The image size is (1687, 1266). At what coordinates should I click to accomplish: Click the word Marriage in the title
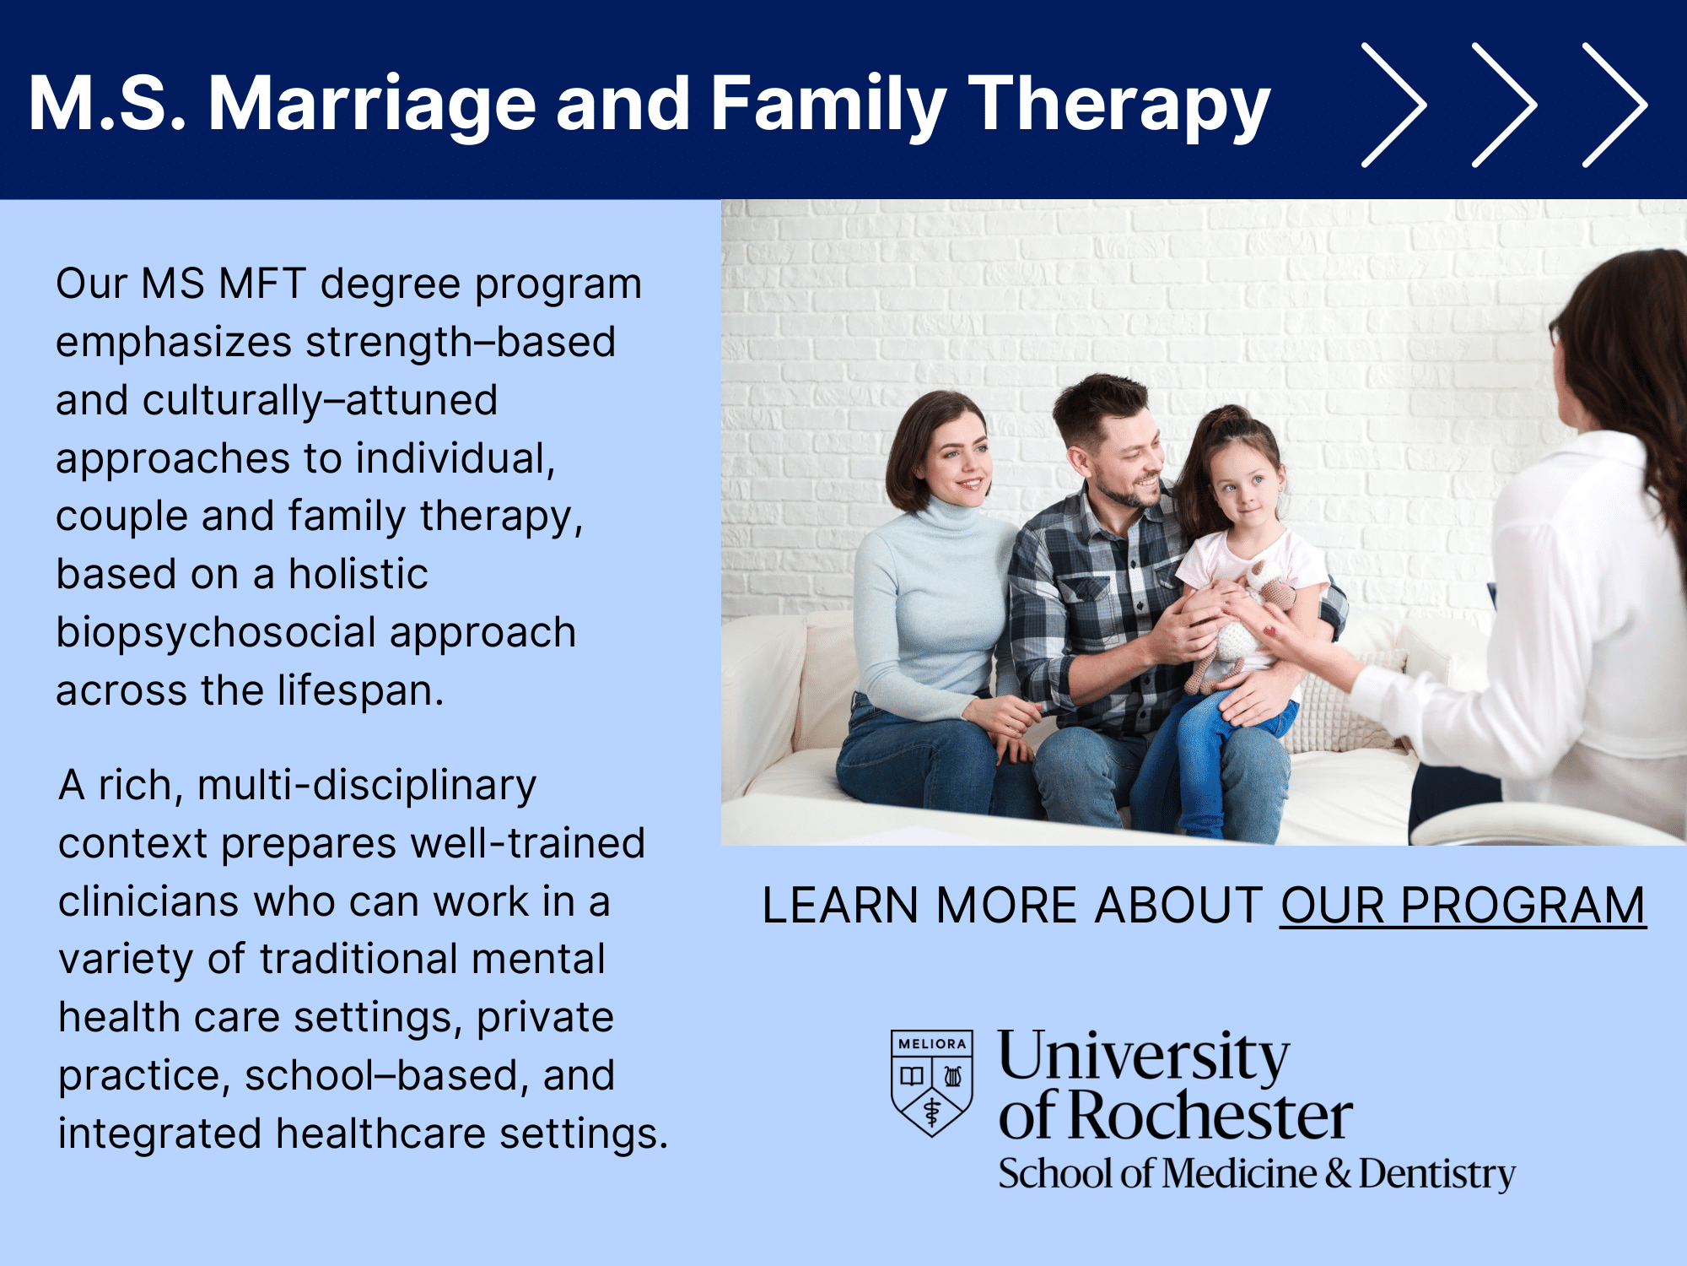(x=372, y=105)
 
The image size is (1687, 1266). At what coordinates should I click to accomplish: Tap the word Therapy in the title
(x=1118, y=105)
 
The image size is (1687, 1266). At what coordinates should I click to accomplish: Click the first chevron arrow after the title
(x=1393, y=105)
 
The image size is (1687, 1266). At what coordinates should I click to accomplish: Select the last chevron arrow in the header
(x=1614, y=105)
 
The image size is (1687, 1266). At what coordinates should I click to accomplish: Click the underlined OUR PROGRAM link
(x=1463, y=906)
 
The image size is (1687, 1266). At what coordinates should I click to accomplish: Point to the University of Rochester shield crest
(x=932, y=1083)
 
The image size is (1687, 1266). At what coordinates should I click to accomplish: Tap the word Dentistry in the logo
(x=1436, y=1174)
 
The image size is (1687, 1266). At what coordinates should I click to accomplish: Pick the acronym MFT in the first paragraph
(x=261, y=284)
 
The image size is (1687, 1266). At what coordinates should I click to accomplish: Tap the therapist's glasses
(x=1555, y=332)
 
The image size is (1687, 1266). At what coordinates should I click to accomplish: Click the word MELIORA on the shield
(x=932, y=1044)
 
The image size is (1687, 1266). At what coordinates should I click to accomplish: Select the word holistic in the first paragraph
(x=358, y=574)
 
